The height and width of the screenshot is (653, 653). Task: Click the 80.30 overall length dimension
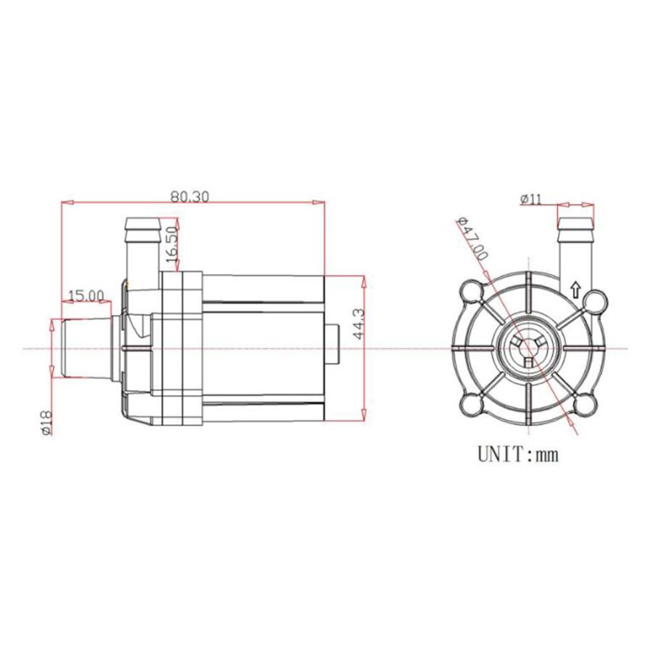(189, 197)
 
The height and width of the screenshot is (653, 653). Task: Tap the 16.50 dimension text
(172, 245)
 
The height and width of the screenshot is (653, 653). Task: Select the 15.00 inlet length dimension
(86, 296)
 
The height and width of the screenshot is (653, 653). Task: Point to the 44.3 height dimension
(358, 324)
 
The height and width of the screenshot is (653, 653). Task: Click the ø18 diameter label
(46, 422)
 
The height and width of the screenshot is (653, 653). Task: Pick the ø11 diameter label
(531, 200)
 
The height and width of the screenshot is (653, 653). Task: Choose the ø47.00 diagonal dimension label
(472, 239)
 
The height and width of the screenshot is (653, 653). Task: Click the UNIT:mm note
(517, 454)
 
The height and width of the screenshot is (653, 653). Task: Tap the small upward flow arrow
(575, 289)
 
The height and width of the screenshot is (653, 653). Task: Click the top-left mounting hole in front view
(472, 292)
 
